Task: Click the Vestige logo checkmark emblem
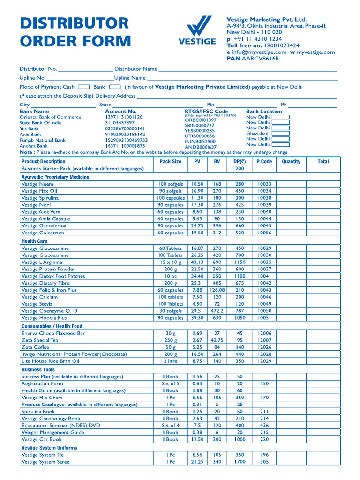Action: tap(197, 26)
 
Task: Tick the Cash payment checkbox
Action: tap(84, 87)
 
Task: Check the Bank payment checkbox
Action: tap(115, 87)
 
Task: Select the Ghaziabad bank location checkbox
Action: tap(280, 134)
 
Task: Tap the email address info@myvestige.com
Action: tap(259, 52)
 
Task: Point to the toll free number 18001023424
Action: tap(276, 45)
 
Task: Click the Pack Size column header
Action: tap(170, 162)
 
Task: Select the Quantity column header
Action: tap(291, 162)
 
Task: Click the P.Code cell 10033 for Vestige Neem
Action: tap(264, 184)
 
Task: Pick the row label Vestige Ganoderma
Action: tap(44, 226)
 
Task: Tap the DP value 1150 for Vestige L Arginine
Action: tap(240, 262)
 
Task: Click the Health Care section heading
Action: tap(35, 241)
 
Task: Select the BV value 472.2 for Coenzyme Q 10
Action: tap(217, 311)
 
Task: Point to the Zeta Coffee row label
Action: tap(35, 347)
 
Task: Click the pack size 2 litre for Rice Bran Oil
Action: tap(171, 361)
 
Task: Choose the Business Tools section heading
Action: tap(38, 370)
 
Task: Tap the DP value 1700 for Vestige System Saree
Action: tap(240, 462)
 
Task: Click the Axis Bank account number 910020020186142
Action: tap(125, 134)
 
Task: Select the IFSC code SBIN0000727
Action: tap(200, 126)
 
